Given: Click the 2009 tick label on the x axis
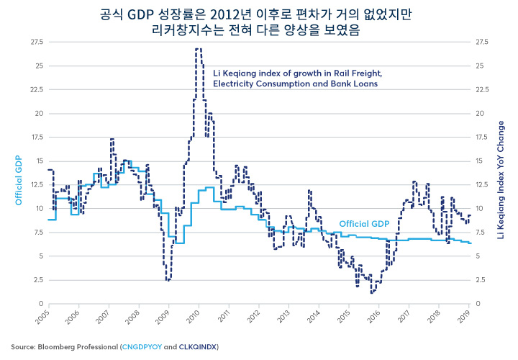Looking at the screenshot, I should click(163, 315).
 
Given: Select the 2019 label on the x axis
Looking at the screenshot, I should click(465, 315).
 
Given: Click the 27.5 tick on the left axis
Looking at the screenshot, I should click(35, 42).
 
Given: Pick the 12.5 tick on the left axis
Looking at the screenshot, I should click(35, 185).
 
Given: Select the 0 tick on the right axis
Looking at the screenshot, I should click(478, 304).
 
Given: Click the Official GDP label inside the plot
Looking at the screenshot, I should click(363, 224).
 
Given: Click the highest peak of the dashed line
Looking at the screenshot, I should click(198, 49).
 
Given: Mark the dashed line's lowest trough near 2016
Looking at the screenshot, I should click(372, 292).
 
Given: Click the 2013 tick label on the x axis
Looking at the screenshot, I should click(283, 315).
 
